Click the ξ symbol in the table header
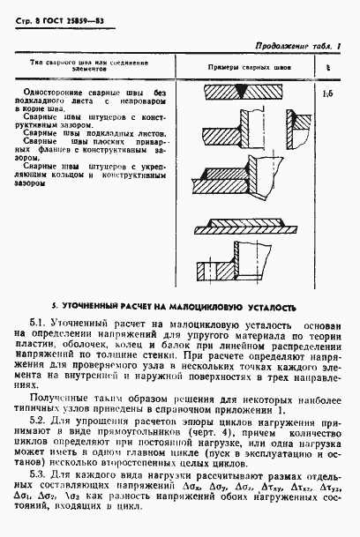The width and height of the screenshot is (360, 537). (x=327, y=67)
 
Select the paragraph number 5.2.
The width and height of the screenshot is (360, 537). (x=37, y=421)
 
